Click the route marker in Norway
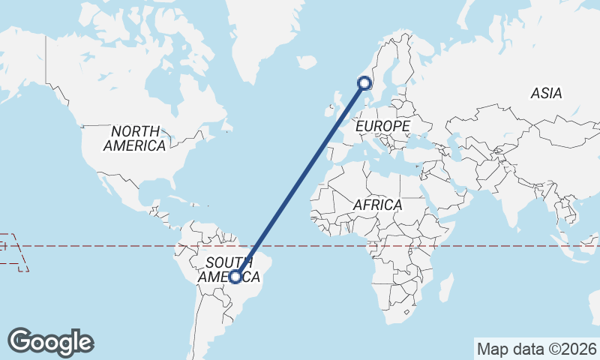coord(365,83)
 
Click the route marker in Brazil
coord(235,277)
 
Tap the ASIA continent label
coord(546,94)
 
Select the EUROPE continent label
coord(382,125)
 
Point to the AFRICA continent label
coord(377,205)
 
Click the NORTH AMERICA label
coord(135,138)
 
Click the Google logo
coord(51,342)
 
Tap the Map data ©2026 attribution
coord(536,349)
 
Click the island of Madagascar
coord(445,288)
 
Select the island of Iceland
coord(306,64)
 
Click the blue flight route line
coord(300,180)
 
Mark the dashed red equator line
coord(487,245)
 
